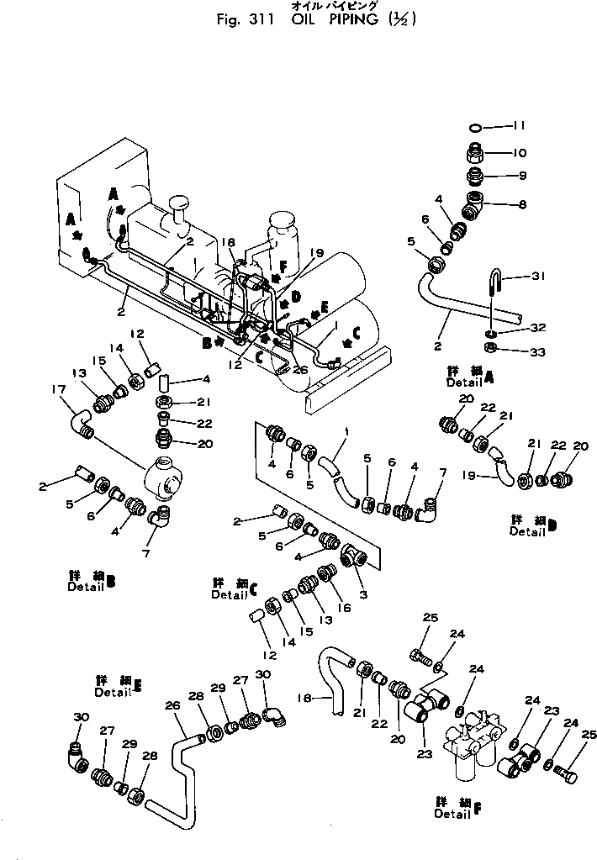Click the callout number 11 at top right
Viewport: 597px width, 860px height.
pyautogui.click(x=519, y=126)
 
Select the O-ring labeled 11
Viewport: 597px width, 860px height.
pyautogui.click(x=476, y=127)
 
